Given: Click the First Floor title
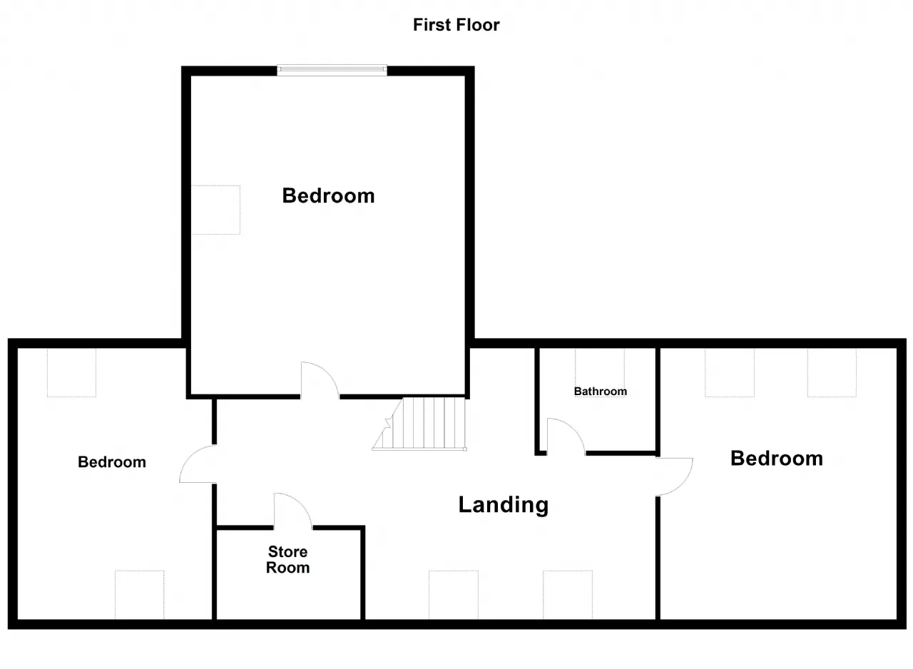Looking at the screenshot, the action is pyautogui.click(x=456, y=25).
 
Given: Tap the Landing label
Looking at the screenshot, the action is pyautogui.click(x=504, y=505).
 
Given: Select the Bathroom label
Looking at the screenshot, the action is pyautogui.click(x=601, y=391).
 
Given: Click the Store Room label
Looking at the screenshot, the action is pyautogui.click(x=287, y=559).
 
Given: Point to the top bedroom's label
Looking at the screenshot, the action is pyautogui.click(x=328, y=195).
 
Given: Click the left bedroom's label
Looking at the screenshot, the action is pyautogui.click(x=112, y=462).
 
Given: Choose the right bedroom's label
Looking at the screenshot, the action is pyautogui.click(x=777, y=459).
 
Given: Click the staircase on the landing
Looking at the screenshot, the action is pyautogui.click(x=419, y=424).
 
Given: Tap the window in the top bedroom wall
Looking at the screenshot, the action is pyautogui.click(x=332, y=70).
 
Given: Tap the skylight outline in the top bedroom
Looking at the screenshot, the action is pyautogui.click(x=215, y=210).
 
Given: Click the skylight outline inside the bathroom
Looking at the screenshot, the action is pyautogui.click(x=600, y=372).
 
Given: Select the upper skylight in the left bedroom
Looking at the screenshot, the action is pyautogui.click(x=72, y=372).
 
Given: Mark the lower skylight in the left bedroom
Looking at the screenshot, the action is pyautogui.click(x=139, y=595).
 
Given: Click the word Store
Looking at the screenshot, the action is pyautogui.click(x=287, y=551).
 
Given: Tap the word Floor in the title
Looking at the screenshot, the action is pyautogui.click(x=478, y=25).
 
